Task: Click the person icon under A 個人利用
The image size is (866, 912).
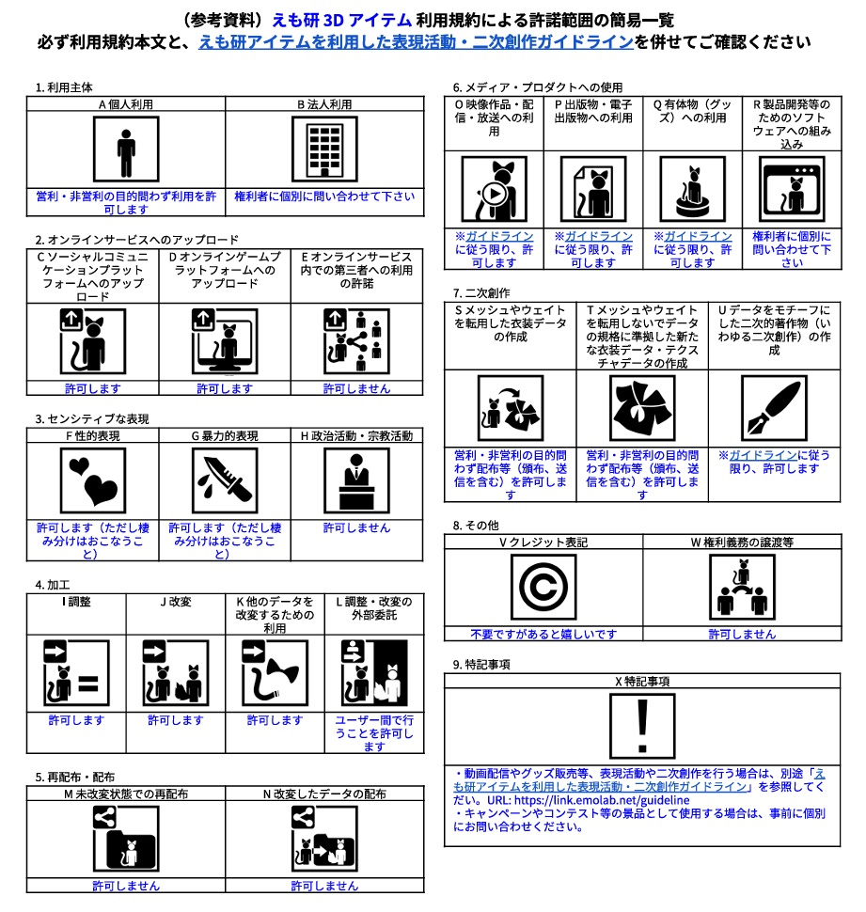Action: coord(125,151)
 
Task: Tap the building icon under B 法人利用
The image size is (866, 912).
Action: coord(323,151)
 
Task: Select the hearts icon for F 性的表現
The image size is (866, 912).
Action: coord(92,479)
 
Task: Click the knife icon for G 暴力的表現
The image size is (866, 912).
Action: coord(225,479)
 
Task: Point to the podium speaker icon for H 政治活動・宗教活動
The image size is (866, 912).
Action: coord(356,479)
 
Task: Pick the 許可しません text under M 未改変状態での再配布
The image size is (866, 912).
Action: coord(125,886)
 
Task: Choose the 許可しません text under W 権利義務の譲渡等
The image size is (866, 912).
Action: coord(742,634)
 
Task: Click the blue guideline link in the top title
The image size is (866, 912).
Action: coord(416,43)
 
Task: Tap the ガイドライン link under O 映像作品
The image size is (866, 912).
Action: coord(500,237)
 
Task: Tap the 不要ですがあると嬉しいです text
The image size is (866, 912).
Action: coord(543,634)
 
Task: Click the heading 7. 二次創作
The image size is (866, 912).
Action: coord(481,291)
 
